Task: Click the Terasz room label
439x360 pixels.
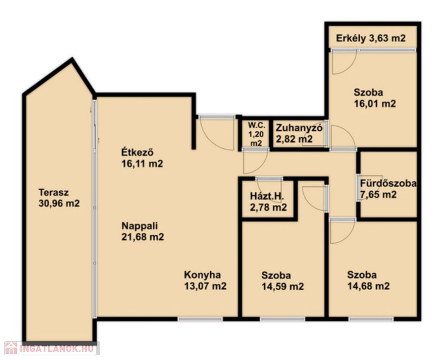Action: click(x=54, y=193)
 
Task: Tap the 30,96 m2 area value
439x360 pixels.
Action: click(x=59, y=203)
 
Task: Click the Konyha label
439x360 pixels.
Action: click(x=203, y=275)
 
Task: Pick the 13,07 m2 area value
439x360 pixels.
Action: click(x=205, y=286)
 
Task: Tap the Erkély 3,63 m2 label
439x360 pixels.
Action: click(x=371, y=38)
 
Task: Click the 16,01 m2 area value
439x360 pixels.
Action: click(x=375, y=104)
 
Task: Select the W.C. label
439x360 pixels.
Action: click(x=256, y=125)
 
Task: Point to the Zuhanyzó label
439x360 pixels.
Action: click(x=299, y=128)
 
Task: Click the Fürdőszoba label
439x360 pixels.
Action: click(x=388, y=183)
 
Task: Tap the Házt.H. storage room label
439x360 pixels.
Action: click(x=267, y=196)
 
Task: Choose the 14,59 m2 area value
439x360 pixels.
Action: click(x=283, y=286)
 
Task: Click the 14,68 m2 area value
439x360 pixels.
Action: click(x=369, y=286)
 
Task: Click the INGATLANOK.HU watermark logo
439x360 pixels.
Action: click(x=51, y=349)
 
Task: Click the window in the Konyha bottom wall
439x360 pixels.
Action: click(x=200, y=319)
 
